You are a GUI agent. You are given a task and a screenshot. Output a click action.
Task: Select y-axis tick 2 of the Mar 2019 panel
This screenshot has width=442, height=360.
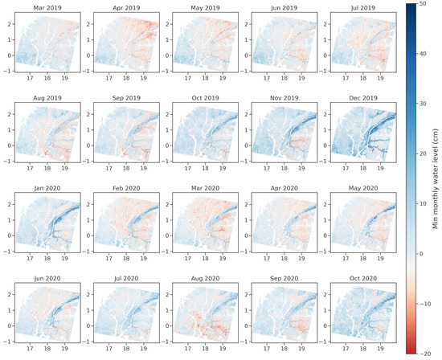click(8, 25)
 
